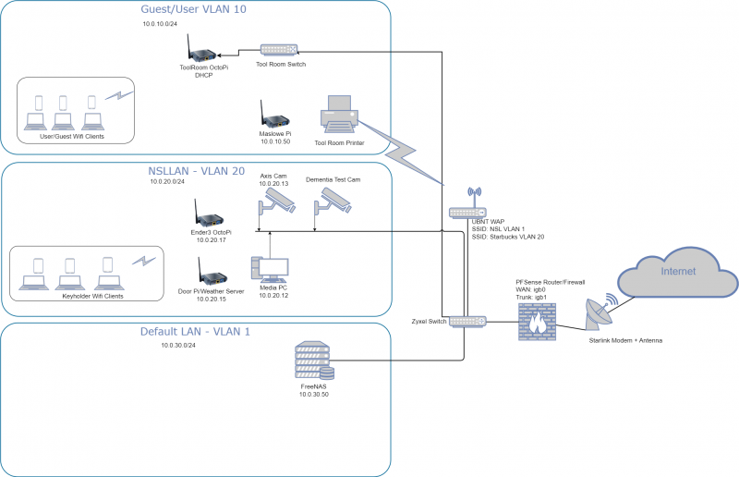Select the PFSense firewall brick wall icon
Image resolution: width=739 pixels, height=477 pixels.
[537, 322]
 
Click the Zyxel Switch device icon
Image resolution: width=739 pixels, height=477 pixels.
[467, 322]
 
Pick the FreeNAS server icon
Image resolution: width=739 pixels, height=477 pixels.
[314, 361]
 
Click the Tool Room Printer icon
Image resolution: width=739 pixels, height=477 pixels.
[339, 115]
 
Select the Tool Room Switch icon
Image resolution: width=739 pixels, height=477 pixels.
[279, 50]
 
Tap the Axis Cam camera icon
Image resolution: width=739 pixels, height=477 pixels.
[276, 201]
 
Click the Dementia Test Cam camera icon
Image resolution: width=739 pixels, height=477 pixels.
[333, 201]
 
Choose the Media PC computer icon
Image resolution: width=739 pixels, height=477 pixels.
[270, 269]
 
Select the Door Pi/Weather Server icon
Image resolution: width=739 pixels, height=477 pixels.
[212, 271]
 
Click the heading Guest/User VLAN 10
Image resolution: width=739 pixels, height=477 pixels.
[194, 9]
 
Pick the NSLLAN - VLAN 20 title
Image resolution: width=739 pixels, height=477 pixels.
[197, 171]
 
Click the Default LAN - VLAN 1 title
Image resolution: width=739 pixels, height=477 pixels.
[195, 332]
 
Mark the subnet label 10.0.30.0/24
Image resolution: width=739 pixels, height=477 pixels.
[178, 346]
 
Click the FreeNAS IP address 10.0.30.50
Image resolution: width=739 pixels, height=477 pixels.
[314, 395]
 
